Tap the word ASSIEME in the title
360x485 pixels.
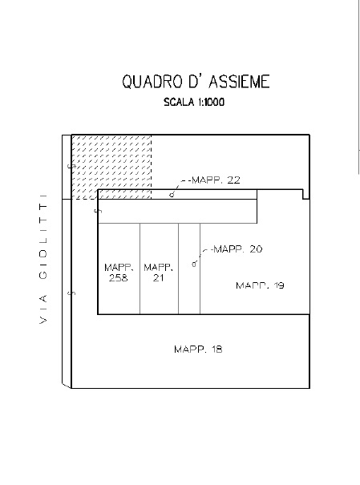pos(239,82)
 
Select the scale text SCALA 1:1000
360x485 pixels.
pos(194,102)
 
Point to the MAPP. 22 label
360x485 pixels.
pos(216,180)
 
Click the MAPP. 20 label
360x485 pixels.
pos(238,249)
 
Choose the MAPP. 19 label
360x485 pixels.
pos(260,285)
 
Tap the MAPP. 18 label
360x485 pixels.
pos(198,350)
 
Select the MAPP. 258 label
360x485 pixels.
pos(119,273)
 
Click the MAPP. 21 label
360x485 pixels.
pos(158,273)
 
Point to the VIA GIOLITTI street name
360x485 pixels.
pos(43,259)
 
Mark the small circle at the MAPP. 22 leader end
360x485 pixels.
pos(172,195)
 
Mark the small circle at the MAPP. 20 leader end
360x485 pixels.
pos(194,264)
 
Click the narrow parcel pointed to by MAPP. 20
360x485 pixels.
pos(189,269)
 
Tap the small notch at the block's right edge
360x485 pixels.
pos(305,194)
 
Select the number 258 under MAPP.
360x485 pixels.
pos(119,277)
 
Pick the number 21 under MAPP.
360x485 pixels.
pos(158,277)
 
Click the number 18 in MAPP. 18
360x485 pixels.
pos(217,350)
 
